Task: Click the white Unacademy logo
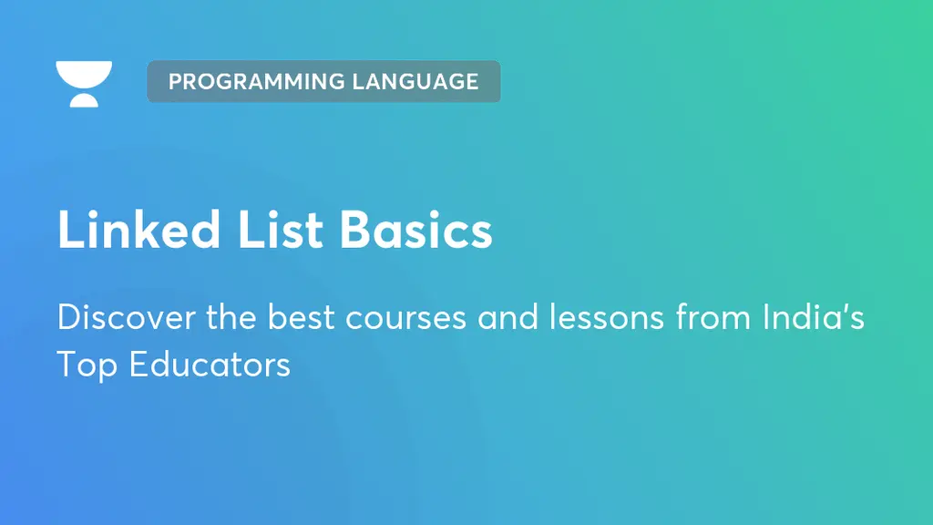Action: [x=84, y=84]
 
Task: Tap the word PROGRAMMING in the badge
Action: [x=257, y=81]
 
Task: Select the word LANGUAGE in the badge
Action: [x=415, y=81]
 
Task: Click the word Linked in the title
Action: [x=139, y=229]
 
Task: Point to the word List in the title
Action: [x=281, y=229]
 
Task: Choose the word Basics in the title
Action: [x=415, y=229]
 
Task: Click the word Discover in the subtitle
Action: [x=126, y=316]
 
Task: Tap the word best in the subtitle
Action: [x=301, y=316]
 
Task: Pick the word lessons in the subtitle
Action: [x=606, y=316]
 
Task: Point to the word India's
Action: [x=814, y=316]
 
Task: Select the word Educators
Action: [x=210, y=365]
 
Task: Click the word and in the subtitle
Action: [x=508, y=316]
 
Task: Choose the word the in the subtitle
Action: [x=231, y=316]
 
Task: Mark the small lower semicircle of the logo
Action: [x=84, y=100]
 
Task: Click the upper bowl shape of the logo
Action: [x=84, y=73]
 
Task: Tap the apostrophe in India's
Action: [x=839, y=308]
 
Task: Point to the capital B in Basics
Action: [x=356, y=229]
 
